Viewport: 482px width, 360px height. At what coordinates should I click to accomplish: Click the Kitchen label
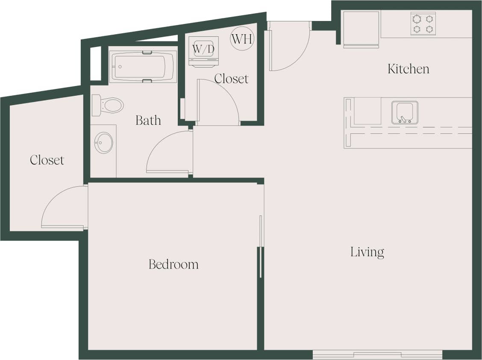point(408,69)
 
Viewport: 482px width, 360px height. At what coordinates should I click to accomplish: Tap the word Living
point(367,252)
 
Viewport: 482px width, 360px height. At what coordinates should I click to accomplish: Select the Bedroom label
point(173,264)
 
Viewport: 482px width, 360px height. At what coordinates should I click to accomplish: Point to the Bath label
point(148,121)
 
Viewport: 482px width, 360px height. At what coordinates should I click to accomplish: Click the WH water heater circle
point(242,38)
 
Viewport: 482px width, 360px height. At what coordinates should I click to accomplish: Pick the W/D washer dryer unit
point(203,50)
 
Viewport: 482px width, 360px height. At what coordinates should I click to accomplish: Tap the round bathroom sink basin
point(104,143)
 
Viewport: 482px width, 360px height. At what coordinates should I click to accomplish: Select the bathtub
point(143,67)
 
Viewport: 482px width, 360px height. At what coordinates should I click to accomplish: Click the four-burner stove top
point(423,24)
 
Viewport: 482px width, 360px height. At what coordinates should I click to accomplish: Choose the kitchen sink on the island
point(404,112)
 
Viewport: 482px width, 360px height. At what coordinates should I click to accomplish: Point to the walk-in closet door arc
point(63,207)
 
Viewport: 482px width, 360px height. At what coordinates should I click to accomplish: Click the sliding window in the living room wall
point(377,354)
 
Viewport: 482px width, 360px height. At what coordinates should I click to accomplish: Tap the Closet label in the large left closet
point(47,160)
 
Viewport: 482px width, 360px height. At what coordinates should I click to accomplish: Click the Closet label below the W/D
point(231,79)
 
